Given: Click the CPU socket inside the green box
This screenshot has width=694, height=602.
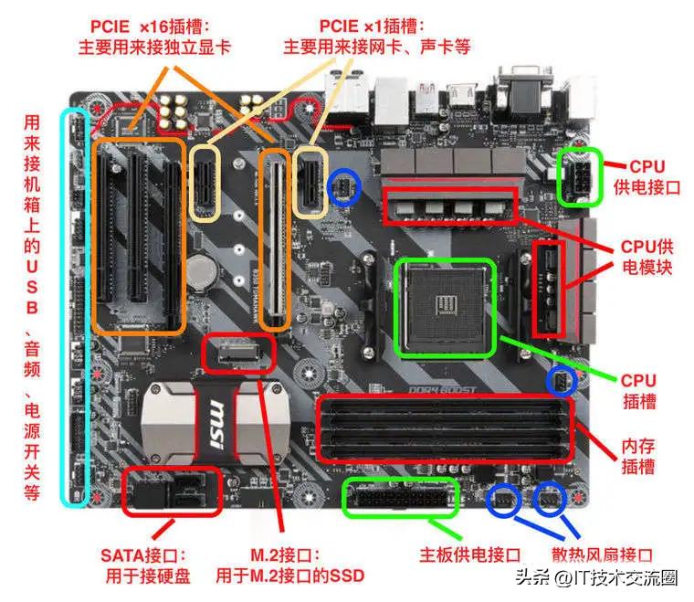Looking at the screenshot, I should point(445,307).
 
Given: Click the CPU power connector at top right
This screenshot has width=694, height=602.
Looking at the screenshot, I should point(579,175).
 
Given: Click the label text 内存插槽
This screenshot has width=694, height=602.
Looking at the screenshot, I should point(638,456).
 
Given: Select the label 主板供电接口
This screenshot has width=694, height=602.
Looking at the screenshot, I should point(470,554).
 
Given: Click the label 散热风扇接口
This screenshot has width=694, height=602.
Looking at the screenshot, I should point(603,554).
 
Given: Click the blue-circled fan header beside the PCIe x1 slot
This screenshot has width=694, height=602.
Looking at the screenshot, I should point(344,186).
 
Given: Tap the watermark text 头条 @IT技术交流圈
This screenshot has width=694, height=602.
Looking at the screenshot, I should point(607,578).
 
